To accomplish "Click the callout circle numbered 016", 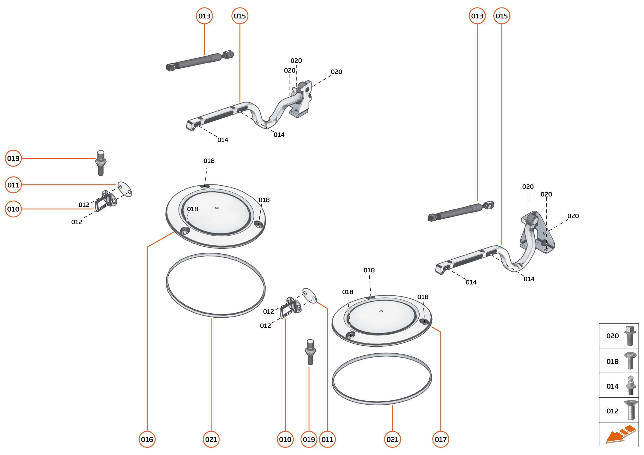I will coord(147,439).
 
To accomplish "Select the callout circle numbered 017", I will coord(440,439).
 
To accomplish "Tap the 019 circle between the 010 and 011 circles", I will coord(309,439).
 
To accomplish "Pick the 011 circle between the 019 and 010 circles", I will coord(13,185).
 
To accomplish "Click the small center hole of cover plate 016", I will coord(217,208).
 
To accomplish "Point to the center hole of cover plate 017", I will coord(381,311).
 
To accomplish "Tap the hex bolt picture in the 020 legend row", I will coord(630,335).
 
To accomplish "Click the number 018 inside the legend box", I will coord(612,361).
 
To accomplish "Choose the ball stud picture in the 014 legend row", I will coord(631,386).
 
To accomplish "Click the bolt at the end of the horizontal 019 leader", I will coord(101,163).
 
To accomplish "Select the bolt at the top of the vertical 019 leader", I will coord(310,352).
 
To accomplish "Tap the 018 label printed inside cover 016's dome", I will coord(192,209).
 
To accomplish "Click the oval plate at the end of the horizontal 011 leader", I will coord(125,189).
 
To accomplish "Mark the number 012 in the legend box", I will coord(612,411).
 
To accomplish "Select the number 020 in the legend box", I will coord(612,336).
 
